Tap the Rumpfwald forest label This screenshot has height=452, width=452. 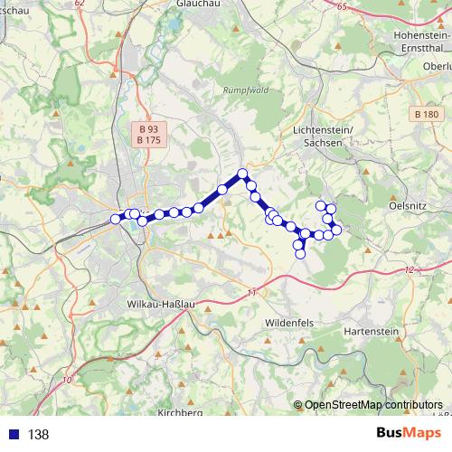point(242,90)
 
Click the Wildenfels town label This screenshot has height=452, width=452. point(292,321)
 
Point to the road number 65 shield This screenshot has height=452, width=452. point(341,7)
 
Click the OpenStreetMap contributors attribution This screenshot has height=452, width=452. point(372,405)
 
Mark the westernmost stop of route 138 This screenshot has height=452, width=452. point(115,219)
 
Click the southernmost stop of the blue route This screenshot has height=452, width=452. point(300,253)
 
